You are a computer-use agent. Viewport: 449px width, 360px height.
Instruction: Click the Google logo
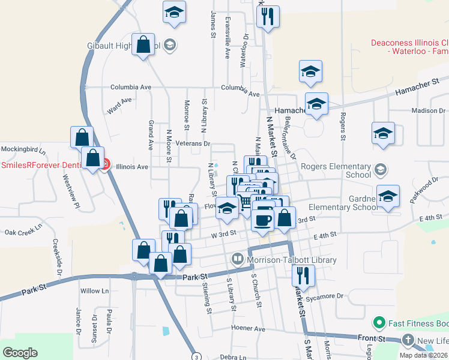click(x=20, y=353)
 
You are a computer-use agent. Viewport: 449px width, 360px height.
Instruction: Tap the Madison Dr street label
click(x=429, y=110)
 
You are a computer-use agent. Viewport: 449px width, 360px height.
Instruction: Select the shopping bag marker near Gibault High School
click(x=143, y=45)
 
